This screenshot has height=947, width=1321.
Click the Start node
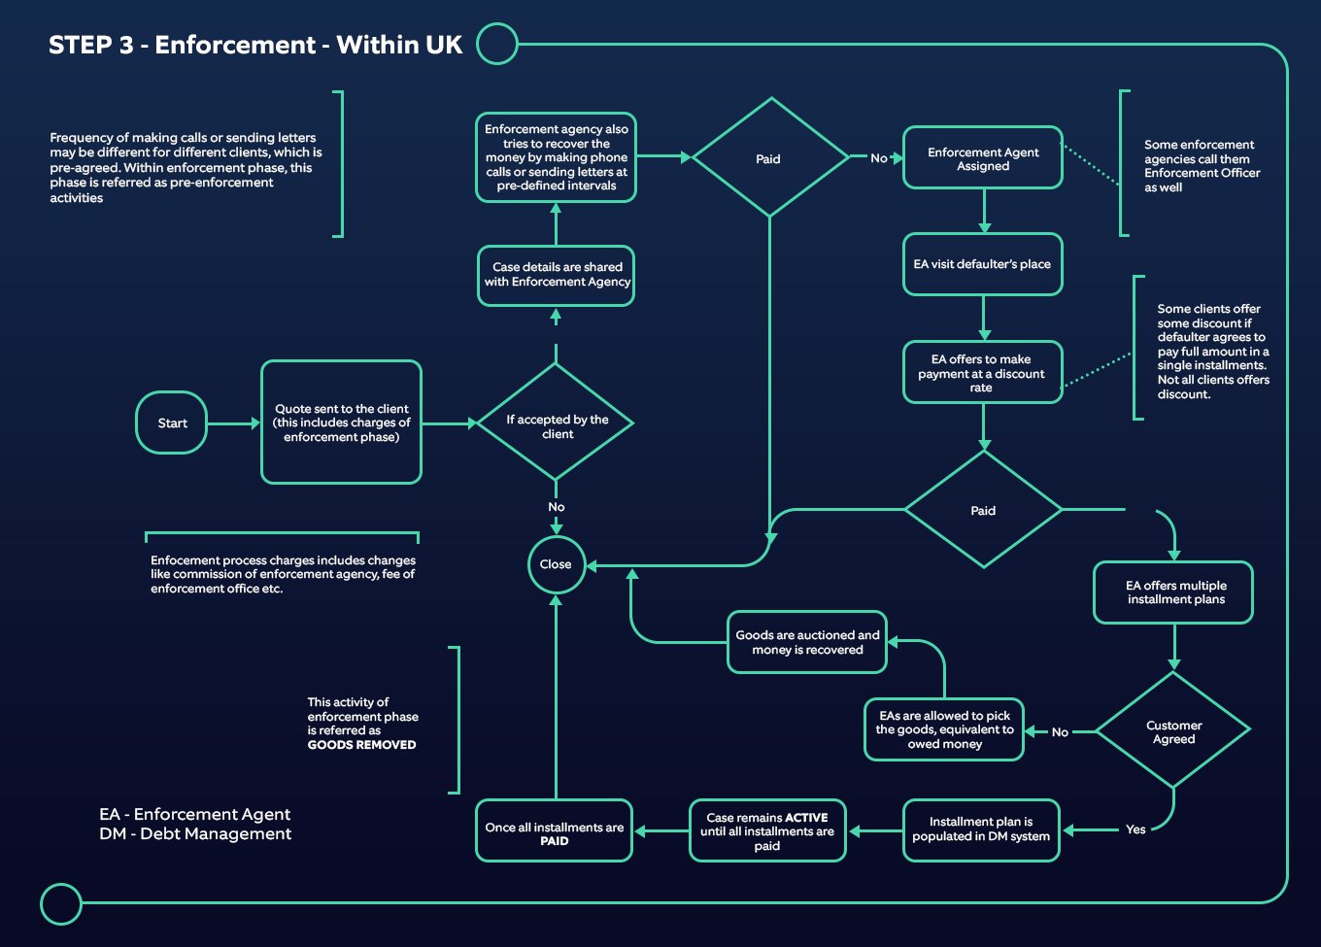tap(172, 423)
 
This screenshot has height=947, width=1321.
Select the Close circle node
tap(556, 564)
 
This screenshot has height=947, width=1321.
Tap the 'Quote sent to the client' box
tap(341, 423)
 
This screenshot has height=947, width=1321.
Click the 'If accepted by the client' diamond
tap(557, 423)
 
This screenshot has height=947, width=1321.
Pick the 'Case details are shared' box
tap(557, 275)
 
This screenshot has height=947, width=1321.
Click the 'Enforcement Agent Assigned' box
tap(983, 158)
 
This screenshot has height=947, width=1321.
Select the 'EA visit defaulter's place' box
tap(982, 264)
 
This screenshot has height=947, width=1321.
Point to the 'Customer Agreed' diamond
tap(1173, 731)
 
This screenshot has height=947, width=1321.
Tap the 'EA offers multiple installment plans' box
tap(1174, 592)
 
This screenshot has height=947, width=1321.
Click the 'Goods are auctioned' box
tap(807, 642)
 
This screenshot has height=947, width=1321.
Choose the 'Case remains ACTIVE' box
tap(767, 831)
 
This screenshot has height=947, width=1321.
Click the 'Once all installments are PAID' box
tap(555, 832)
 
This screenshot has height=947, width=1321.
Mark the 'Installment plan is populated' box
tap(981, 829)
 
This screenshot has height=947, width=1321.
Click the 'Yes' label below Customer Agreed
tap(1135, 829)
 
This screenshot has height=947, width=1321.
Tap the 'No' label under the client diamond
tap(556, 507)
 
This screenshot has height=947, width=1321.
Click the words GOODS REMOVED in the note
tap(361, 745)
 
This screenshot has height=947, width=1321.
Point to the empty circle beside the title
tap(497, 44)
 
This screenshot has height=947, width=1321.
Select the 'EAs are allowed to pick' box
tap(944, 729)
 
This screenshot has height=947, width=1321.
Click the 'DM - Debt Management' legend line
tap(195, 834)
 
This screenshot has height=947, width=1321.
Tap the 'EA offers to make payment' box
tap(981, 373)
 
